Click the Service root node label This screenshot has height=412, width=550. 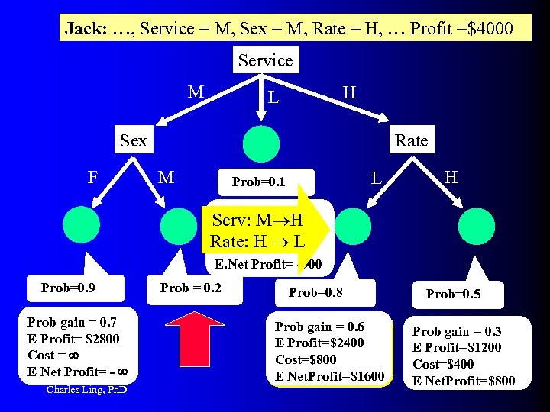[x=265, y=60]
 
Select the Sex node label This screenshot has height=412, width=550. [x=134, y=140]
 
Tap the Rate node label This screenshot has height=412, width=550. [x=411, y=140]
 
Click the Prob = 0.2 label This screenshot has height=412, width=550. [x=190, y=288]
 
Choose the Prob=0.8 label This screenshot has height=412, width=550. [x=315, y=292]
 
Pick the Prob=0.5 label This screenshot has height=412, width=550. [x=453, y=294]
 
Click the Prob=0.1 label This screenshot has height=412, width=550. [x=258, y=182]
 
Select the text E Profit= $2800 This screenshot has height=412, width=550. [x=73, y=339]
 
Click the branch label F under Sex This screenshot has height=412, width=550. [x=92, y=178]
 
